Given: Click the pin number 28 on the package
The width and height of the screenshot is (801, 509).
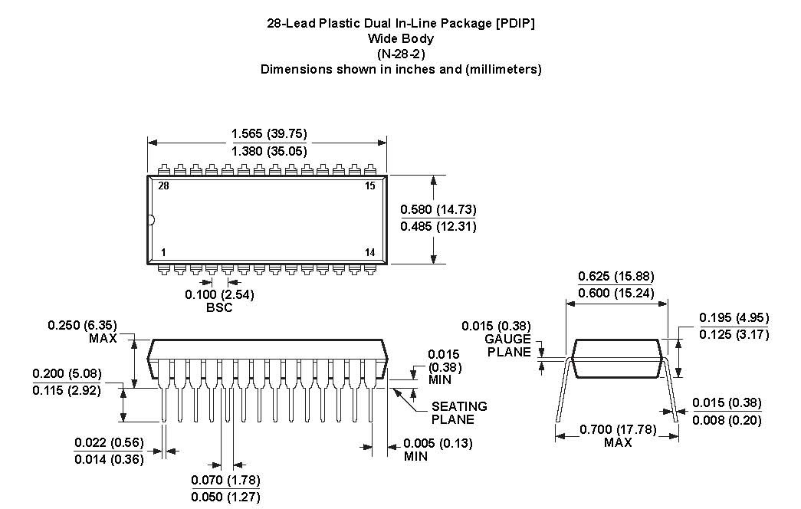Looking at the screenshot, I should pos(163,186).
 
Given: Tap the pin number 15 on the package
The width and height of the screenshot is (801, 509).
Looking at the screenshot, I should pos(370,186).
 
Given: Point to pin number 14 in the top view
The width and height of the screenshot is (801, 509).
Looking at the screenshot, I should pos(370,253).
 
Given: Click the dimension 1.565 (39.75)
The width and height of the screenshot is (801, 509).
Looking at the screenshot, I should pos(269,134).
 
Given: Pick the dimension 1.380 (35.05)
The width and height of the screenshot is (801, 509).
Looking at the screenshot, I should pos(269,151).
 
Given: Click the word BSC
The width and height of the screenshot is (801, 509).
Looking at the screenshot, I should pos(219,307).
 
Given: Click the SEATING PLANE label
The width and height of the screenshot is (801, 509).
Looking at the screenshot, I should pos(459,412).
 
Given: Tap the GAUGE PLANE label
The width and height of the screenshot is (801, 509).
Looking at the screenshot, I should pos(507,346).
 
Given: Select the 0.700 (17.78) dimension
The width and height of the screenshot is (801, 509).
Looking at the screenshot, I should pos(617,429).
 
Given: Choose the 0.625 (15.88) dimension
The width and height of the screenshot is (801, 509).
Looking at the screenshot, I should pos(616,276).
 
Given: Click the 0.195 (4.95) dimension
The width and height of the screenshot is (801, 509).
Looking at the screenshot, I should pos(734,318).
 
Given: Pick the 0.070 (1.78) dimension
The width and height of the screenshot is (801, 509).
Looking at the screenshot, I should pos(225,481).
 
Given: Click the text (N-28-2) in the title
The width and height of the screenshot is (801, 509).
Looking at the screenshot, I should pos(400,54).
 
